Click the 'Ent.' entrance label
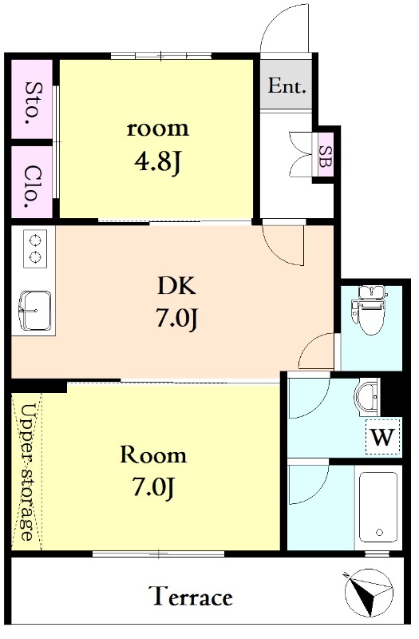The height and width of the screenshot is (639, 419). click(287, 86)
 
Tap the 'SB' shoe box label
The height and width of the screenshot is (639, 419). click(326, 157)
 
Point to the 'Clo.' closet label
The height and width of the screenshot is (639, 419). click(33, 187)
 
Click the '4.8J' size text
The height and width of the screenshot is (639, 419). click(156, 163)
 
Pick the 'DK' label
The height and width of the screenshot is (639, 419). click(177, 286)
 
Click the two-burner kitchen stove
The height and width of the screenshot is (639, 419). click(34, 248)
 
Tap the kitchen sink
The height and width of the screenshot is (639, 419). click(34, 311)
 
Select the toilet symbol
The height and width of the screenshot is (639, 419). click(369, 310)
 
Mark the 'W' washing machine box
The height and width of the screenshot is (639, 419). click(383, 436)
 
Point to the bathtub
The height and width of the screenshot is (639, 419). click(378, 507)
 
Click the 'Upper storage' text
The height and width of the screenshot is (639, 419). click(27, 472)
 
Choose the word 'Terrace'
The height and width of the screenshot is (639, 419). click(192, 597)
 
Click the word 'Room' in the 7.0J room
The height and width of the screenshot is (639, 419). click(153, 454)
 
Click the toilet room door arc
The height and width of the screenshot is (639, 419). click(316, 350)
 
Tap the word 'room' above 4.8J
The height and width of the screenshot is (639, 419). click(157, 129)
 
